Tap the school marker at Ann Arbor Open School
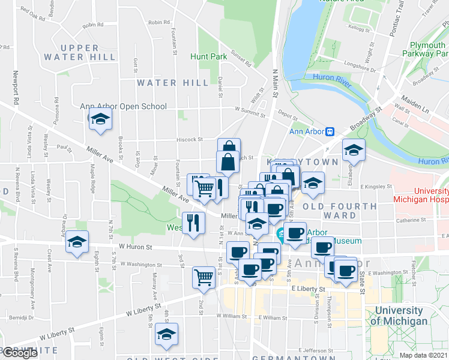100,119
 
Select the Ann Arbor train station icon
330,132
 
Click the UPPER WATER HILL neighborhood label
80,52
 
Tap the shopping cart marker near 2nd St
203,277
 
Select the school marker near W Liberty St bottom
166,334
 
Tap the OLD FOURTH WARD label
340,211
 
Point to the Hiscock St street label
190,139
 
